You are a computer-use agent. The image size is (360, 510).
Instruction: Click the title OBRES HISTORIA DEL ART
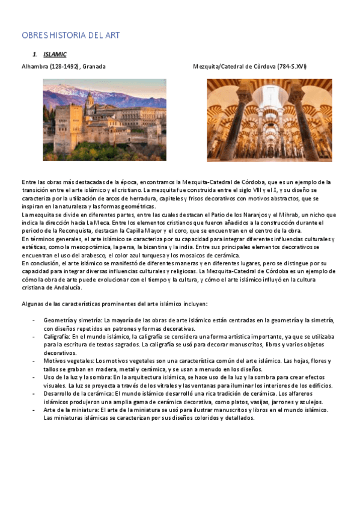tap(70, 35)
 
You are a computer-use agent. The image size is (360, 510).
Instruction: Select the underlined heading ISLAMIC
tap(55, 55)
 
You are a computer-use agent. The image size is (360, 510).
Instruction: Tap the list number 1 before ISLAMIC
tap(35, 55)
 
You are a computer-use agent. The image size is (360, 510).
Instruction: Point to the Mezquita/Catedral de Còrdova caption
tap(249, 66)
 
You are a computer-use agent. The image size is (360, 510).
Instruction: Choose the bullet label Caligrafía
tap(56, 336)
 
